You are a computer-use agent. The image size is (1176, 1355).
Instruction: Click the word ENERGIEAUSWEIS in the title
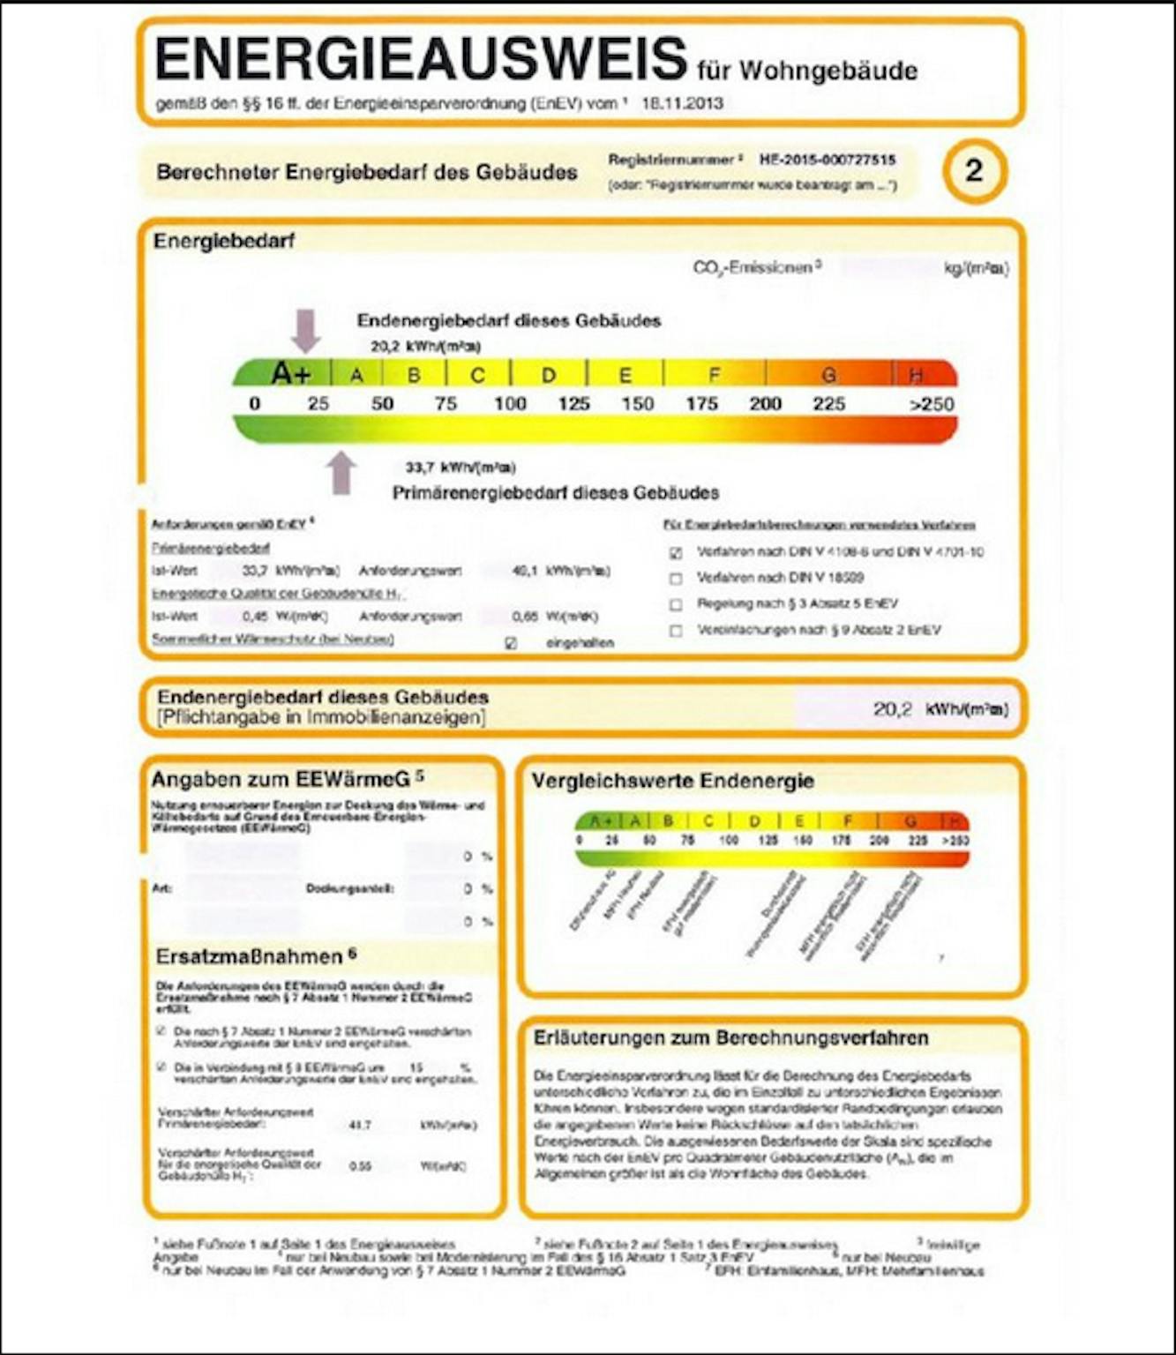point(421,59)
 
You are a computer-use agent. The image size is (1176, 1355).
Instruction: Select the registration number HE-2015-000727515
point(827,160)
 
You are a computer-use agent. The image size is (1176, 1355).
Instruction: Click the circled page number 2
point(973,170)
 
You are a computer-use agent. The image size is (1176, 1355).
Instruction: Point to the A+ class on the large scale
point(291,373)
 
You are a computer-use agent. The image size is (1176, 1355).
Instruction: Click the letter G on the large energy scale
point(828,375)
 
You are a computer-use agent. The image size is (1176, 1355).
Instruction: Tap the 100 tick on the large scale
point(510,404)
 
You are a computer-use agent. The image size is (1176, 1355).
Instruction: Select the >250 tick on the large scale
point(932,405)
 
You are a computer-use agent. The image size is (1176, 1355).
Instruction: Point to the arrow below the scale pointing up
point(342,473)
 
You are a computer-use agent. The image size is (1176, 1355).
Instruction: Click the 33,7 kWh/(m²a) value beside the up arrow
point(461,467)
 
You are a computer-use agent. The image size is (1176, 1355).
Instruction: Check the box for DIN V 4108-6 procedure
point(676,553)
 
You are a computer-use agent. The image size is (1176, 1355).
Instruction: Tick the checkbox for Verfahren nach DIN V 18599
point(676,579)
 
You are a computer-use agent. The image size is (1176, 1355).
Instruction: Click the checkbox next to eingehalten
point(511,643)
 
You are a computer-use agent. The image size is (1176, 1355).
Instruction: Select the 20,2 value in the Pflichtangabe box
point(892,709)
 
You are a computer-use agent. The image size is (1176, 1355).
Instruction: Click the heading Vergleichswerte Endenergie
point(672,781)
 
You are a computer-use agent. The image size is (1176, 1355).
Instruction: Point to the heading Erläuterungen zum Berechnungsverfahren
point(730,1038)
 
